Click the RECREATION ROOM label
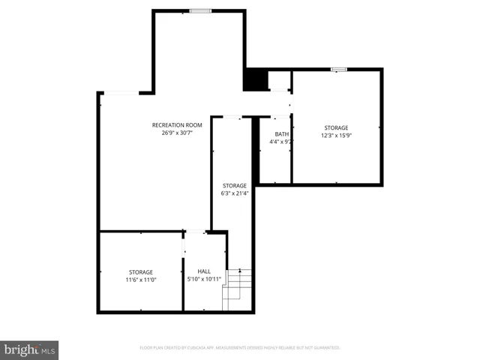(177, 124)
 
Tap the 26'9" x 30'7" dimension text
(177, 133)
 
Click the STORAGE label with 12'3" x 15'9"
(336, 127)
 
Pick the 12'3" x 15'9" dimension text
(336, 136)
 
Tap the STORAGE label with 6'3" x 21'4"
(235, 185)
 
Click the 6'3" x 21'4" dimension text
(235, 193)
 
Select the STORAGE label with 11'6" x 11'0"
(140, 271)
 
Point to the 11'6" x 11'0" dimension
(140, 280)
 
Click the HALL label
(204, 271)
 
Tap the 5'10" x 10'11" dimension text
(204, 280)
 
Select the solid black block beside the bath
(256, 79)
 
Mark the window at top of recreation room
(200, 10)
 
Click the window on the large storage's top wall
(340, 70)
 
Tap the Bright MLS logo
(29, 349)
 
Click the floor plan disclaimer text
(240, 348)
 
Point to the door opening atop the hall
(196, 232)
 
